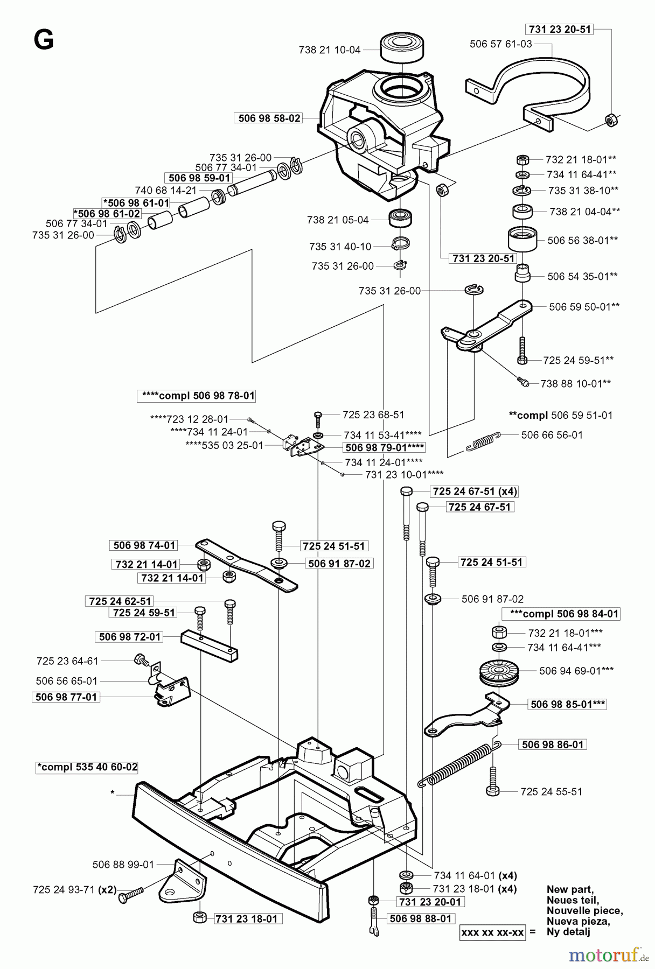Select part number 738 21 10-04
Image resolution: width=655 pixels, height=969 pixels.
coord(329,50)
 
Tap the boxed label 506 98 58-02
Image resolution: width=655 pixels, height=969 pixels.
coord(269,118)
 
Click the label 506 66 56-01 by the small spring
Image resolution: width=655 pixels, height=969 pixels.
coord(552,435)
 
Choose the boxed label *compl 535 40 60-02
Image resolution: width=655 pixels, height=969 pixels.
coord(87,767)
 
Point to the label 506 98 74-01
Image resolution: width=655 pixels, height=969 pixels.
coord(144,545)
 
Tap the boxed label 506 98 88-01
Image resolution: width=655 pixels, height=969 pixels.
coord(420,918)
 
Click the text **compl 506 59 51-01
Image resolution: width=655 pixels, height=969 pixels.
coord(560,415)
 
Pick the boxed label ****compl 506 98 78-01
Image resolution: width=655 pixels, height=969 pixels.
coord(196,396)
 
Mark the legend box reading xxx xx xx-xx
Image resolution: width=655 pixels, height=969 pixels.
coord(493,932)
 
